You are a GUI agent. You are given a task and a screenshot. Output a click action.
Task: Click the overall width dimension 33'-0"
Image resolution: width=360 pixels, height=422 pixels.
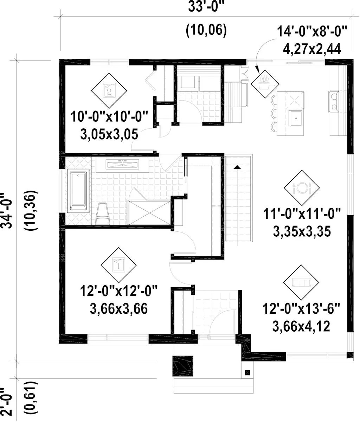click(206, 7)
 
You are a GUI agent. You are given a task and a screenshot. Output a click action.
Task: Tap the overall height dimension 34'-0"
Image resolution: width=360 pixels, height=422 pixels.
click(7, 211)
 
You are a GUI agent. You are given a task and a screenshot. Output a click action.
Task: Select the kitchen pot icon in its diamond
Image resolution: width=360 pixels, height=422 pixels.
click(265, 84)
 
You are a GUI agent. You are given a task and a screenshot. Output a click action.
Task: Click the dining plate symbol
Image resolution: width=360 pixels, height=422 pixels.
click(302, 188)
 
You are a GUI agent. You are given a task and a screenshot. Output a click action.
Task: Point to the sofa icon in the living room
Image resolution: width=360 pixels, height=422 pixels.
click(301, 282)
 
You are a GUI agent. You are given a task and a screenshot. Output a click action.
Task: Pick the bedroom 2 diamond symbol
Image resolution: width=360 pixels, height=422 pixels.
click(109, 90)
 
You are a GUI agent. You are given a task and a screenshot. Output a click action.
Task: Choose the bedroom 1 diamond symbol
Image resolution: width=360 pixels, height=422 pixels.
click(118, 265)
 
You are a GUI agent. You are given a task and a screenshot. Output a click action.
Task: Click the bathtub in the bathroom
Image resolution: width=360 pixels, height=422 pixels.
click(78, 191)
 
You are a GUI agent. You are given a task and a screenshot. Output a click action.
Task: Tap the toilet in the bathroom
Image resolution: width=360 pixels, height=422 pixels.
click(103, 213)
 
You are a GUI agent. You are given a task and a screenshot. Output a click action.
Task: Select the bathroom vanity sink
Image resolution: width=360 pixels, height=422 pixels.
click(122, 164)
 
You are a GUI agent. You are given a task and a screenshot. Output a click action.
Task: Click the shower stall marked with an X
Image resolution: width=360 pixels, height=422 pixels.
click(149, 213)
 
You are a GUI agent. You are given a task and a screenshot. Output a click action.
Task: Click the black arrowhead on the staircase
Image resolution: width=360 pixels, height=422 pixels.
click(237, 167)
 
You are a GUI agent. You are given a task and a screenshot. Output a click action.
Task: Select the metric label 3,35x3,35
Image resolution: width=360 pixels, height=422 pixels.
click(302, 232)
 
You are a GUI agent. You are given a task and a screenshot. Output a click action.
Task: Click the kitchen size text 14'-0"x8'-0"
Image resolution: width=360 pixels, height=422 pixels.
click(312, 31)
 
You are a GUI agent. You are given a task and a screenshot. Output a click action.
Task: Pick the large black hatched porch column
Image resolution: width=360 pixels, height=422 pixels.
click(183, 366)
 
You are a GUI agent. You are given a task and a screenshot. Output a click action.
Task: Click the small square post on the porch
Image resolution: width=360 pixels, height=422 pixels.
click(247, 373)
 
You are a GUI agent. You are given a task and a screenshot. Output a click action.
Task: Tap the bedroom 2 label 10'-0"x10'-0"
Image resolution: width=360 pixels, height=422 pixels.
click(109, 117)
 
